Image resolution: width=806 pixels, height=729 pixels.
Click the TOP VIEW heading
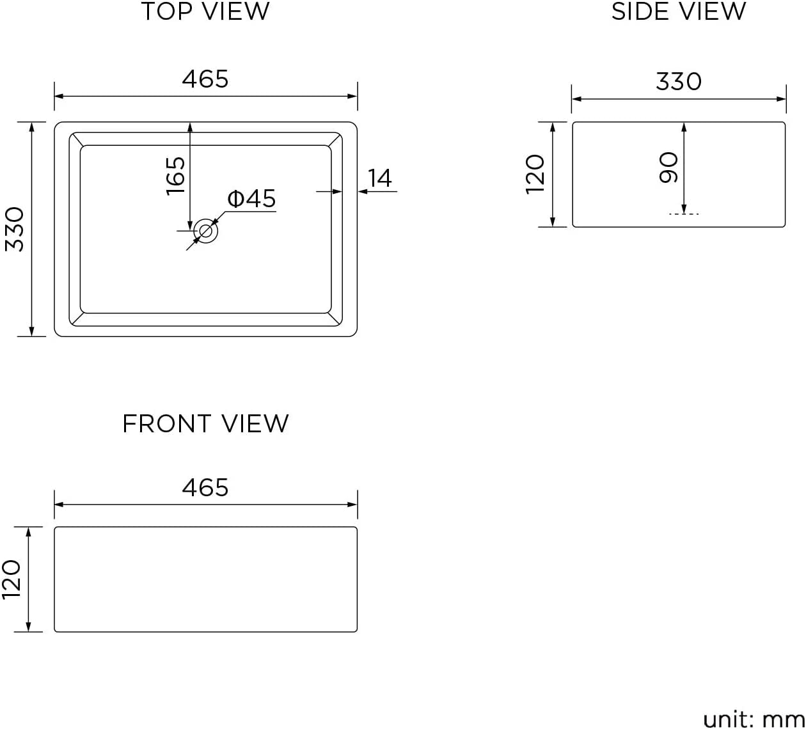pyautogui.click(x=205, y=12)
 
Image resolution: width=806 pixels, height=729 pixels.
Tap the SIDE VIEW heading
pyautogui.click(x=678, y=12)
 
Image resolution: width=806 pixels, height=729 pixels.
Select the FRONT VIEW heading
pyautogui.click(x=205, y=423)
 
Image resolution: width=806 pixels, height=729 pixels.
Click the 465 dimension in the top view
pyautogui.click(x=205, y=79)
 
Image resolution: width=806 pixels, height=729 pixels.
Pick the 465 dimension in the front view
pyautogui.click(x=205, y=488)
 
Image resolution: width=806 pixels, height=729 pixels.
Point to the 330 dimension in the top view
pyautogui.click(x=15, y=229)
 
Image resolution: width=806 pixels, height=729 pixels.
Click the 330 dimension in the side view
pyautogui.click(x=679, y=82)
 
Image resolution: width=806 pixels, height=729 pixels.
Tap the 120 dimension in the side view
pyautogui.click(x=535, y=175)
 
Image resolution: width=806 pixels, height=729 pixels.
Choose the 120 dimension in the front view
pyautogui.click(x=11, y=579)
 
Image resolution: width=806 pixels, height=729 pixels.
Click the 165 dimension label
pyautogui.click(x=175, y=176)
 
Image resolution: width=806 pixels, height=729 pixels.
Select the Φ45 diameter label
pyautogui.click(x=251, y=198)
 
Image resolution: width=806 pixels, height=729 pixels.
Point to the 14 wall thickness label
pyautogui.click(x=380, y=178)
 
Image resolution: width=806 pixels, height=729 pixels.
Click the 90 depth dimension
pyautogui.click(x=669, y=168)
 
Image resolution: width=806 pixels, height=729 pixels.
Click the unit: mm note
pyautogui.click(x=754, y=718)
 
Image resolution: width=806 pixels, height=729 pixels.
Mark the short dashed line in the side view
pyautogui.click(x=684, y=214)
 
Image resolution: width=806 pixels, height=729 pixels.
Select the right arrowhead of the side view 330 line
pyautogui.click(x=781, y=99)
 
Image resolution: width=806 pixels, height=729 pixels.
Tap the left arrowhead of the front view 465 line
pyautogui.click(x=59, y=505)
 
